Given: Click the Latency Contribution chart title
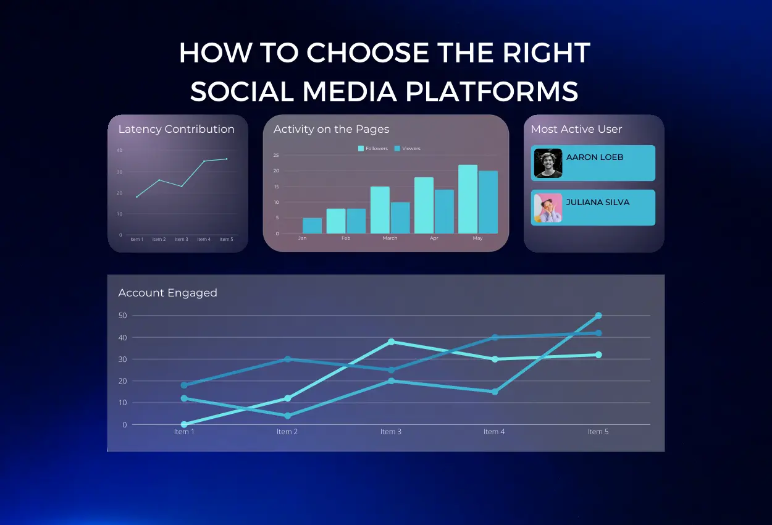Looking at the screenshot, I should (x=176, y=129).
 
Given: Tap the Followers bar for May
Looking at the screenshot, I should (x=468, y=199).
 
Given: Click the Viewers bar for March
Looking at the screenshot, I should (x=400, y=217).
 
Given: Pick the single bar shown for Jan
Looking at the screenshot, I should (x=312, y=225).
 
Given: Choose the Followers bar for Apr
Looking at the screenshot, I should (x=424, y=205).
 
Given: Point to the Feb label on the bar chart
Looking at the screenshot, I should (x=346, y=238).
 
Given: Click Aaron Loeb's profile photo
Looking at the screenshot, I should (x=548, y=163).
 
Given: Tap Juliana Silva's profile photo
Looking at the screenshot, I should (x=548, y=208).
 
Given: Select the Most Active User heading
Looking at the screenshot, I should (x=576, y=129).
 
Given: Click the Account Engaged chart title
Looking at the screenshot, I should (x=167, y=293).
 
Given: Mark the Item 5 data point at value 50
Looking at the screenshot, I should (x=598, y=316).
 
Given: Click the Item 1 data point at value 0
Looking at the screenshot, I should (x=184, y=424).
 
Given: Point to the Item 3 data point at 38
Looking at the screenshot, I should (x=391, y=342).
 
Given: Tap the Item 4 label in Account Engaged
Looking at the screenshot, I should (x=494, y=432).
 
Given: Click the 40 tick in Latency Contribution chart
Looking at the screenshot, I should (x=119, y=150).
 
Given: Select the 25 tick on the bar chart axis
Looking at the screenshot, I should (x=276, y=155).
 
